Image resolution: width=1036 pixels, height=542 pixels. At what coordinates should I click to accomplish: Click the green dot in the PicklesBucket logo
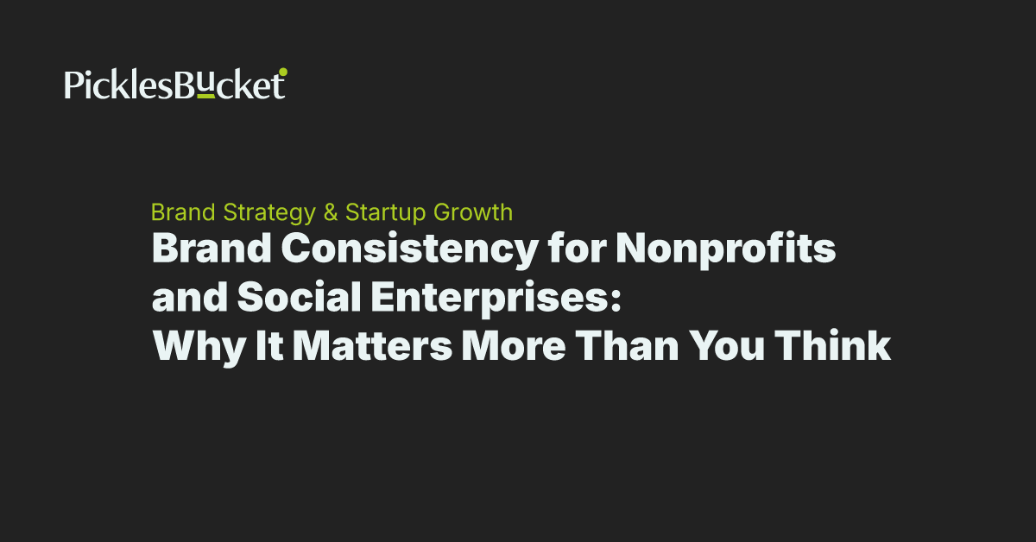coord(283,72)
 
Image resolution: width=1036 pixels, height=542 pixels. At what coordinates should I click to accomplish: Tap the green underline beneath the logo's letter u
coord(205,98)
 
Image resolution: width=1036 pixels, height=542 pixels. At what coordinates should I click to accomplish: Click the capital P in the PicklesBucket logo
coord(73,85)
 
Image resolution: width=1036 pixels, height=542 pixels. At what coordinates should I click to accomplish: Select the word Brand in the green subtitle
coord(183,212)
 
